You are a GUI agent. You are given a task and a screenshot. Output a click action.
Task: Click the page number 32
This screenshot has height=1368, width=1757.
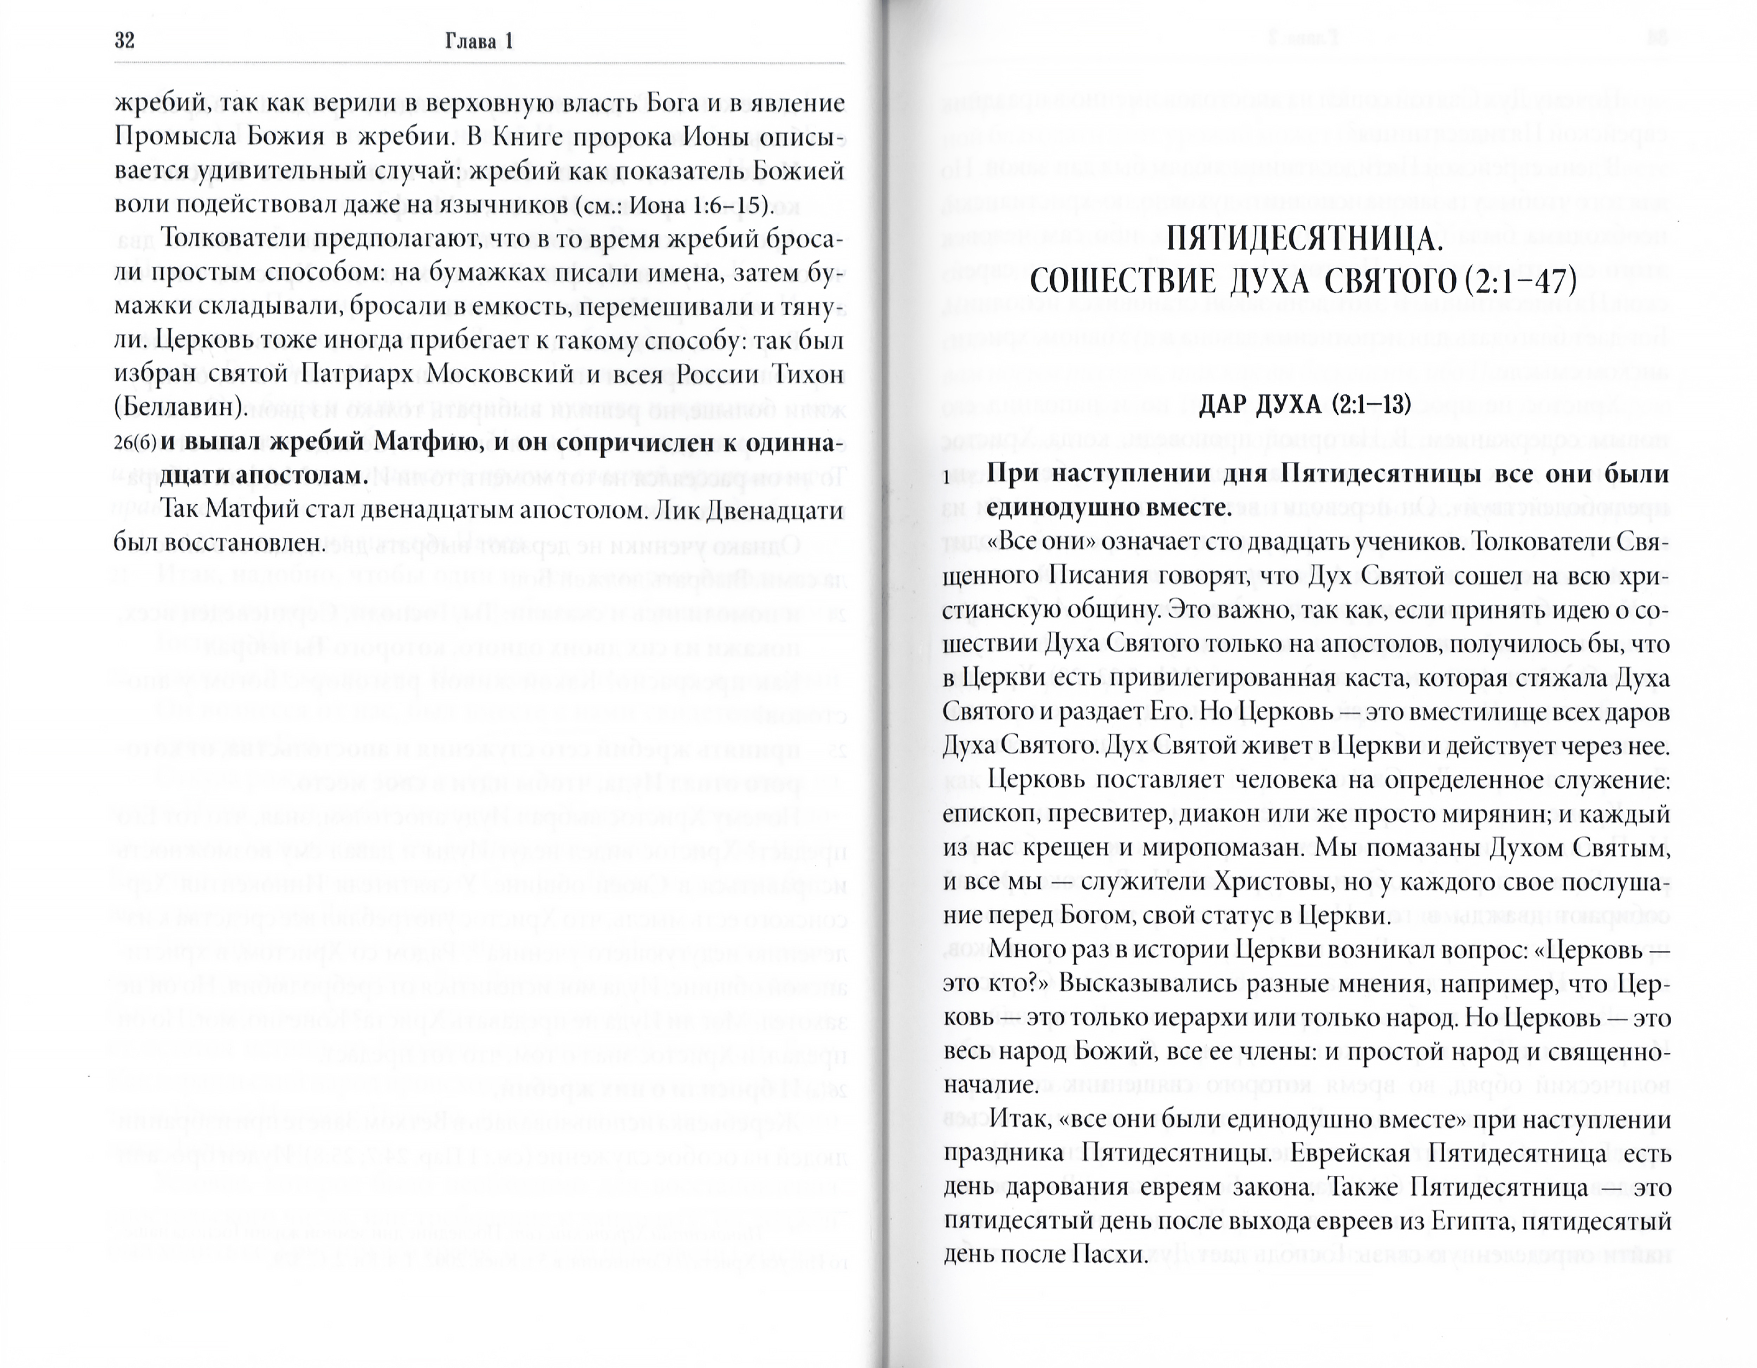tap(125, 41)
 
